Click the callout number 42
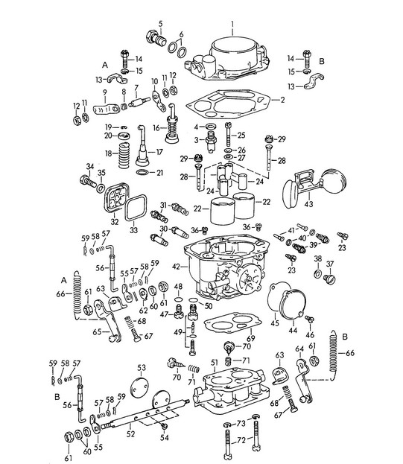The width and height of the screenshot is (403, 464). click(176, 265)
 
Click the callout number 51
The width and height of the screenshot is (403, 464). click(213, 362)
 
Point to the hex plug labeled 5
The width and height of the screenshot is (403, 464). click(157, 38)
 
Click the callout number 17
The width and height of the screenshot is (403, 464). click(159, 151)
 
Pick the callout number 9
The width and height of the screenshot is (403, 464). click(104, 94)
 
